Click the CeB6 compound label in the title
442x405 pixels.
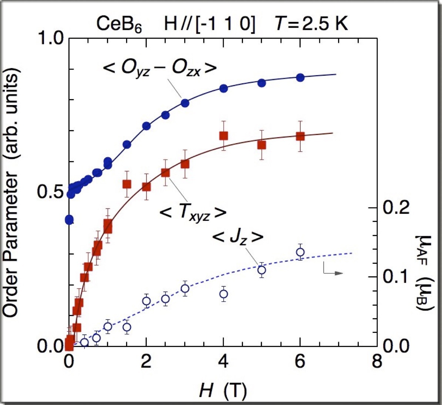[x=119, y=25]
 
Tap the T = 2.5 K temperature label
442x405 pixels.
[x=311, y=24]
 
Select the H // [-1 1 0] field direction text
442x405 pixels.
[x=210, y=25]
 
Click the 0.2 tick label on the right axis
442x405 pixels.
[x=397, y=208]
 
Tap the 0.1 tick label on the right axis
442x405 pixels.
[x=397, y=277]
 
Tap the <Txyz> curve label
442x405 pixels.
[x=192, y=212]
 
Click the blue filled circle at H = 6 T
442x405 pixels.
[x=300, y=77]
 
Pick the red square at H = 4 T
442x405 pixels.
[x=223, y=136]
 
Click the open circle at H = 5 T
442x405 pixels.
[x=262, y=270]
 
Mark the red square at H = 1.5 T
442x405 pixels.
[x=127, y=184]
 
